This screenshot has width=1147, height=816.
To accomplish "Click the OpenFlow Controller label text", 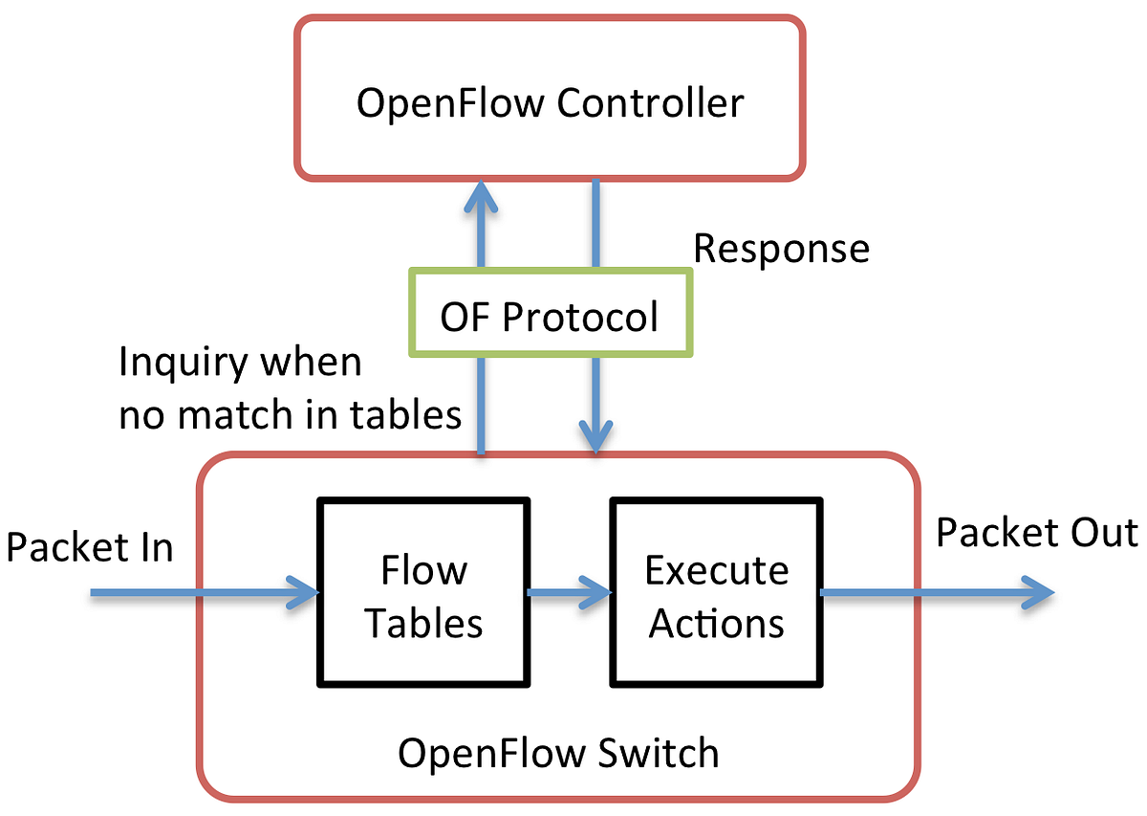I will (x=550, y=102).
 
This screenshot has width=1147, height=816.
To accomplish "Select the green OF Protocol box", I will (x=550, y=315).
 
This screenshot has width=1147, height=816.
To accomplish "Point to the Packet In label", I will (x=90, y=548).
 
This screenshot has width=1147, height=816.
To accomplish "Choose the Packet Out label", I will (x=1036, y=533).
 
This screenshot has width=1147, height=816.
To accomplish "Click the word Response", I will (x=781, y=248).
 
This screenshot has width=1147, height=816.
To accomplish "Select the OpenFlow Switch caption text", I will (x=558, y=753).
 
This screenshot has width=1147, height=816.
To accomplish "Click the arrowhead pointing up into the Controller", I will (x=482, y=197).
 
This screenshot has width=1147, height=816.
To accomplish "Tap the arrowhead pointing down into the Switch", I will (x=596, y=435).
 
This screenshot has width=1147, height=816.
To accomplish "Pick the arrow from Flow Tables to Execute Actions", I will (x=569, y=593).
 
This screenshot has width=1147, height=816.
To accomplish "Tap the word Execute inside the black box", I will (x=716, y=570).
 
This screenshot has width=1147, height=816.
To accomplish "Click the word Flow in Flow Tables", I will (x=423, y=570).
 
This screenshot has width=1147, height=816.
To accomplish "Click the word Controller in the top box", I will (x=650, y=102).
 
